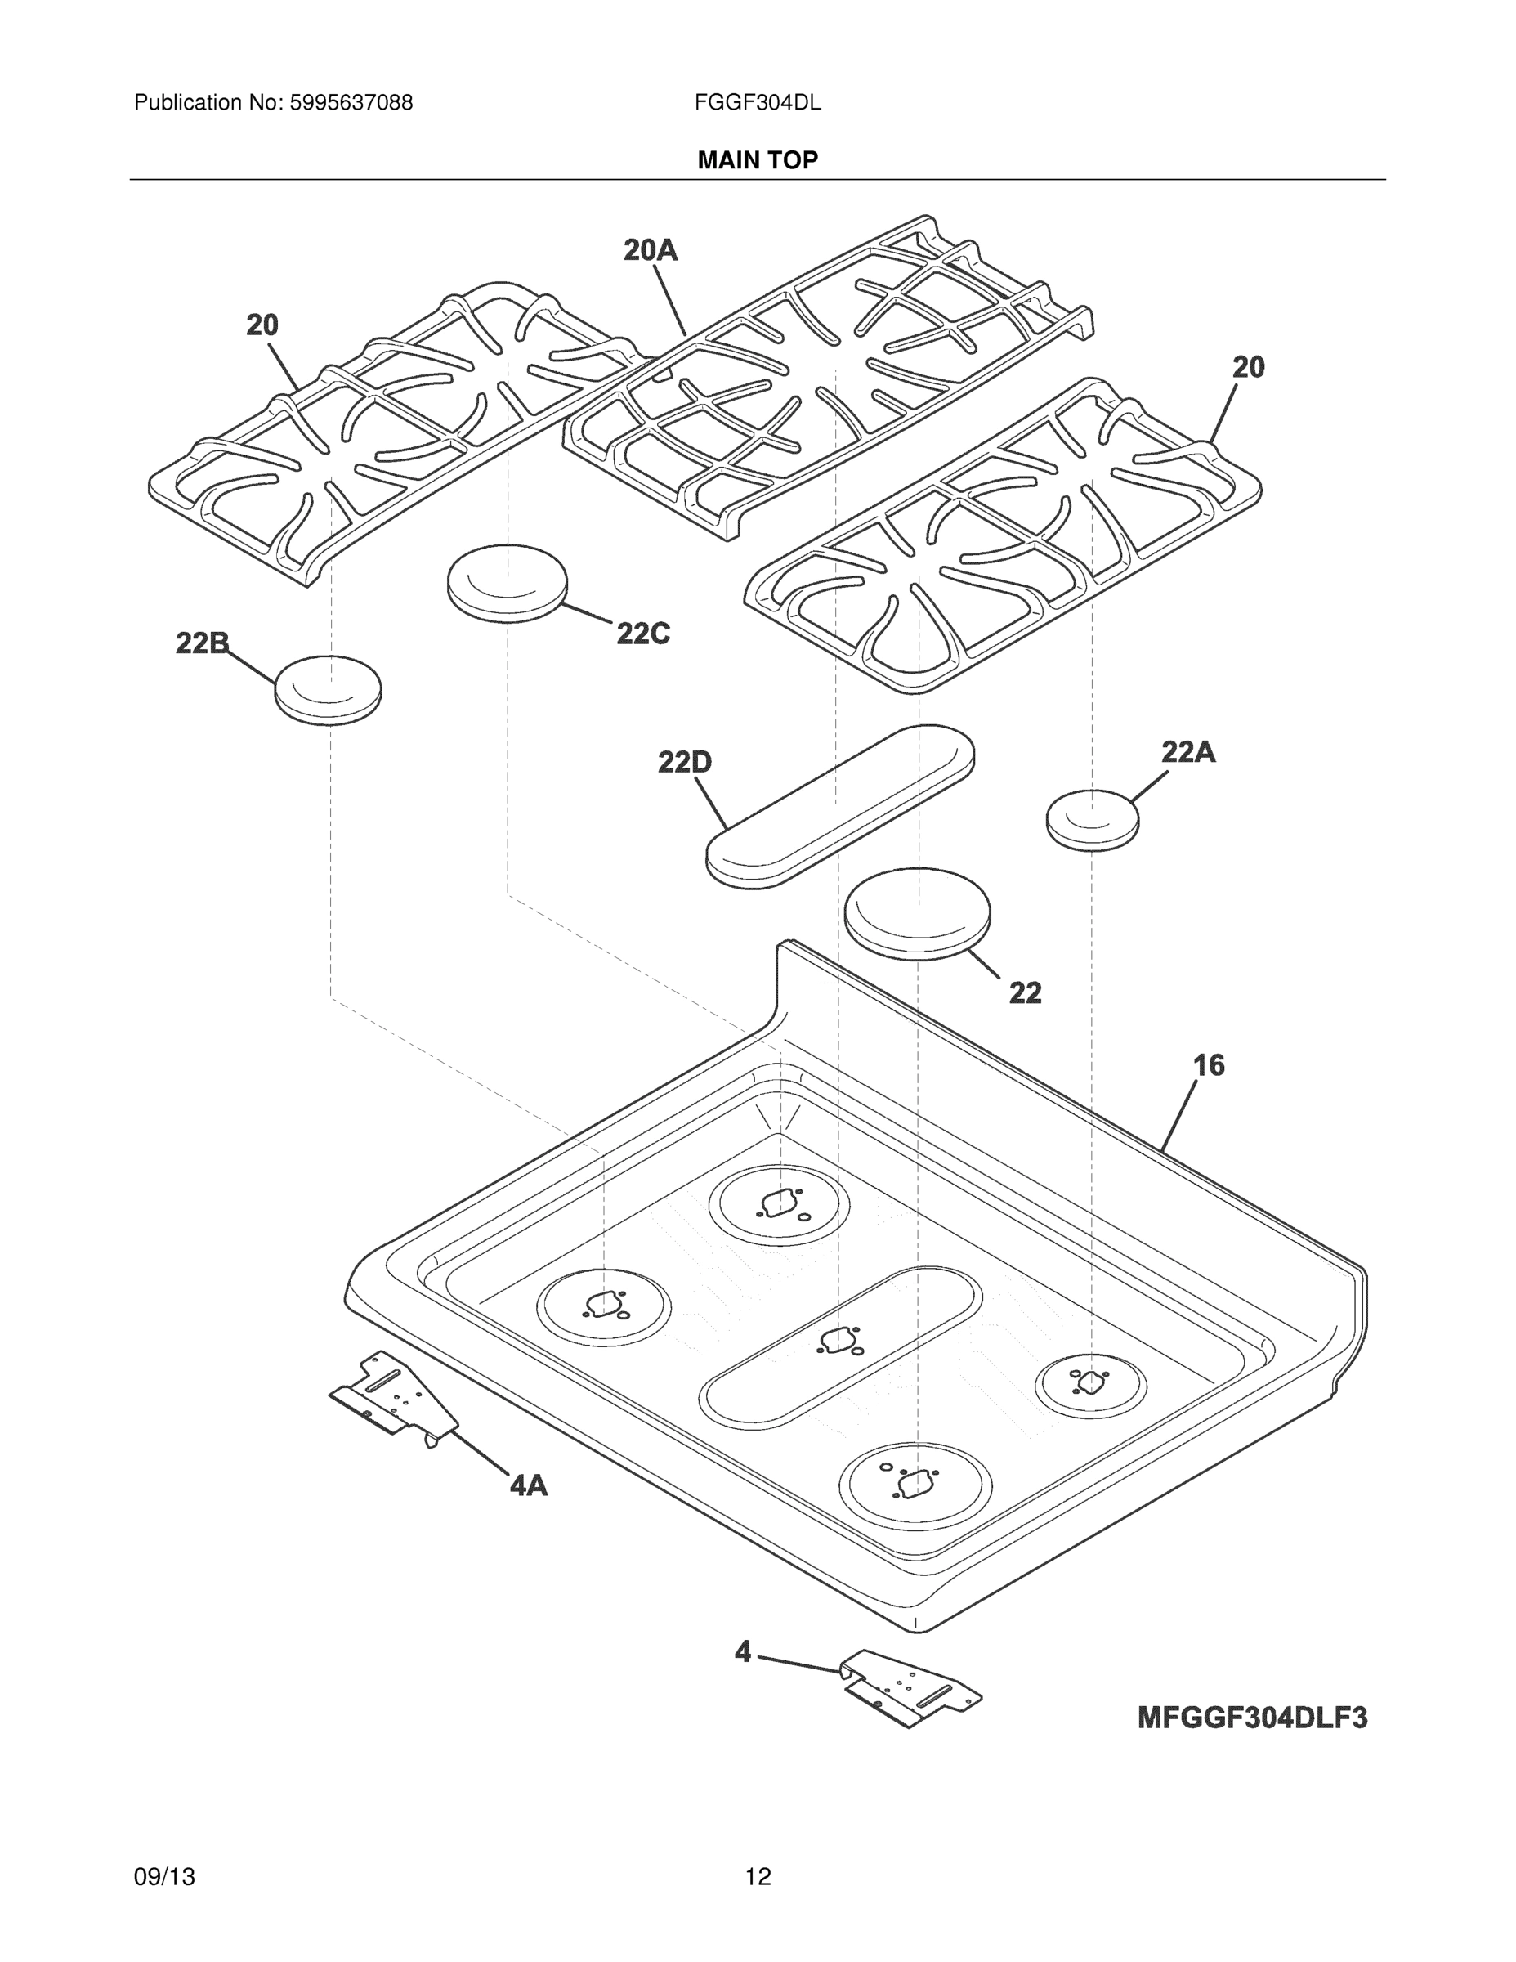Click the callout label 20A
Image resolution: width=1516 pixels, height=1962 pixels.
pyautogui.click(x=651, y=251)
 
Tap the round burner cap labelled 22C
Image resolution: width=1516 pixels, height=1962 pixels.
pyautogui.click(x=508, y=583)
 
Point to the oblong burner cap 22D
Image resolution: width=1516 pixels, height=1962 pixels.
pyautogui.click(x=840, y=807)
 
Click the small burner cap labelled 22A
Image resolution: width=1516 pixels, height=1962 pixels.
pyautogui.click(x=1092, y=818)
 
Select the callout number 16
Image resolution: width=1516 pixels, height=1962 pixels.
pyautogui.click(x=1208, y=1065)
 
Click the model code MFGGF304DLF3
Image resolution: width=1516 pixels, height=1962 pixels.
pyautogui.click(x=1252, y=1718)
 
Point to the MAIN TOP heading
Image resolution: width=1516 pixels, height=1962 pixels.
pyautogui.click(x=757, y=160)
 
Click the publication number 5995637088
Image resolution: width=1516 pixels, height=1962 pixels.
pyautogui.click(x=351, y=103)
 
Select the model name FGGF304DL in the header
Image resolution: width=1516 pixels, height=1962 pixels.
pyautogui.click(x=757, y=103)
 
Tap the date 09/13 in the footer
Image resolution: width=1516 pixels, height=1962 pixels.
pyautogui.click(x=164, y=1877)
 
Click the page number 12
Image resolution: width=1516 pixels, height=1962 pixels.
pyautogui.click(x=757, y=1877)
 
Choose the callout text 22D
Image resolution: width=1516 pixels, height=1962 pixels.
pyautogui.click(x=684, y=763)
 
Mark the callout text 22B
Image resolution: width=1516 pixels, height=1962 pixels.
pyautogui.click(x=202, y=643)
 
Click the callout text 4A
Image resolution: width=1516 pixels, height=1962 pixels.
pyautogui.click(x=528, y=1486)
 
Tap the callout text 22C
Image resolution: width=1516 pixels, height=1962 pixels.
pyautogui.click(x=643, y=634)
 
